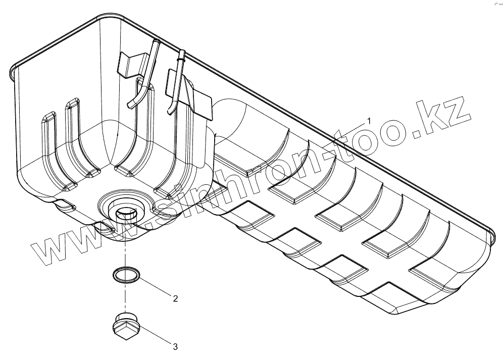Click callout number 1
point(369,121)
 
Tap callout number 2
point(175,298)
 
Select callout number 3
point(175,346)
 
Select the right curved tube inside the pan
point(177,86)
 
